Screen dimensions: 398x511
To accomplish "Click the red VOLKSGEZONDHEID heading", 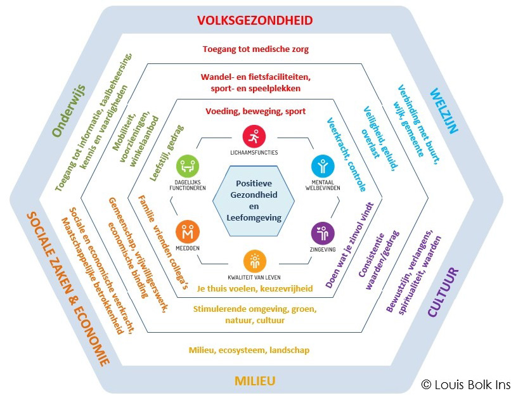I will point(255,20).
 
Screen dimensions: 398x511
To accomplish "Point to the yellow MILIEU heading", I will point(255,381).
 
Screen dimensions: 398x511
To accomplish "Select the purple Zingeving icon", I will point(323,232).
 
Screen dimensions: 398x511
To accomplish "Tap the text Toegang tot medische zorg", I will point(256,49).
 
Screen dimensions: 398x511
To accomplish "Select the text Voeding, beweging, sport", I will point(256,112).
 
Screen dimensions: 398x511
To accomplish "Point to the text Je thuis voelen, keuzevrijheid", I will point(255,288).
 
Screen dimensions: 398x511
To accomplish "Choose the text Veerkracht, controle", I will point(346,155).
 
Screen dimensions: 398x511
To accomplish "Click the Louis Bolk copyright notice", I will point(465,385).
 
